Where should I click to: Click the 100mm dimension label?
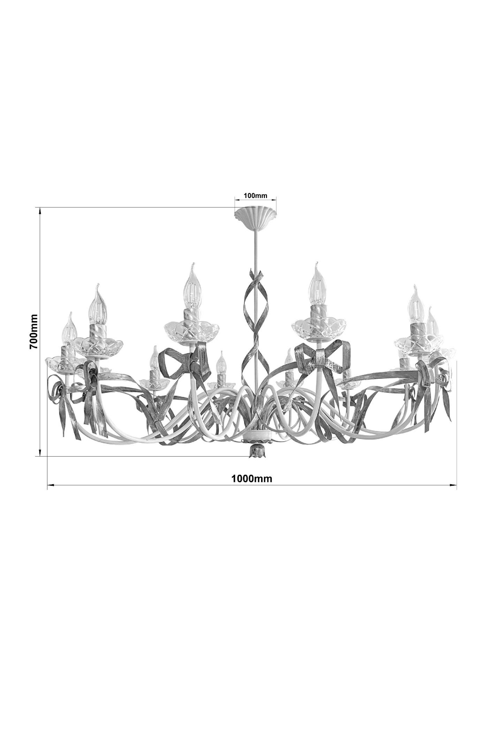click(x=255, y=195)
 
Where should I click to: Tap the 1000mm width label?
click(x=252, y=479)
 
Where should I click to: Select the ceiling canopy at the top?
click(x=256, y=217)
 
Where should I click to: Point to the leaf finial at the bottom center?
click(x=255, y=451)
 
